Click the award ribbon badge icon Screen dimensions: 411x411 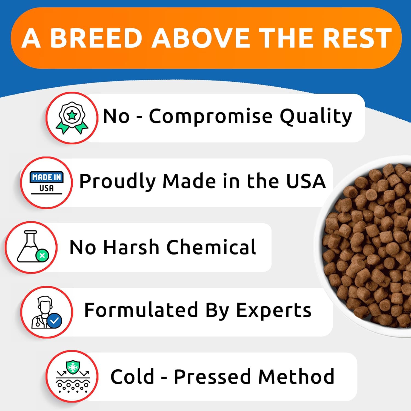pyautogui.click(x=72, y=118)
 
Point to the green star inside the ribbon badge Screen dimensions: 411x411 pyautogui.click(x=72, y=115)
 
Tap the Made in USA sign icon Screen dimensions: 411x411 pyautogui.click(x=47, y=183)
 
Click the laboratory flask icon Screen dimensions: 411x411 pyautogui.click(x=30, y=247)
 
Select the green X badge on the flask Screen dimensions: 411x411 pyautogui.click(x=42, y=256)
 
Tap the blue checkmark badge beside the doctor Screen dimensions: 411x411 pyautogui.click(x=55, y=320)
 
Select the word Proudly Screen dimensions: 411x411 pyautogui.click(x=117, y=182)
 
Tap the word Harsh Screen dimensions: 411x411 pyautogui.click(x=131, y=247)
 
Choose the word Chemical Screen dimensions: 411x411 pyautogui.click(x=211, y=247)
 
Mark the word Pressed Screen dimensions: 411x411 pyautogui.click(x=212, y=377)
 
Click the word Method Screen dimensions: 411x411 pyautogui.click(x=296, y=377)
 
